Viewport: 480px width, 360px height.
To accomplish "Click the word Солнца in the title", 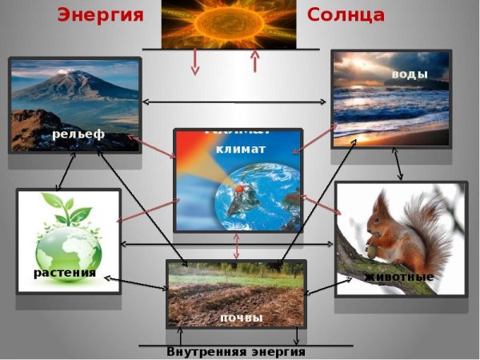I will click(346, 14).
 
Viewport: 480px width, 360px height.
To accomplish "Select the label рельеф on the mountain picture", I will click(78, 134).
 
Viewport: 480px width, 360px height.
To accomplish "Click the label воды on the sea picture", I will click(410, 74).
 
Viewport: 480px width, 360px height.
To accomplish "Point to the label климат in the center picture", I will click(240, 149).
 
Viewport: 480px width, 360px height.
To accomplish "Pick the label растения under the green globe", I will click(65, 273).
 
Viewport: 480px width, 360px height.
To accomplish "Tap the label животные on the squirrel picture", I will click(398, 277).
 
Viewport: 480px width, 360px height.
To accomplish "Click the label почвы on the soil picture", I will click(241, 318).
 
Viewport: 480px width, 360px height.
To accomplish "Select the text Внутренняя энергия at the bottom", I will click(236, 352).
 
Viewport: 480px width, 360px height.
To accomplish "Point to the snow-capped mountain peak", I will click(76, 73).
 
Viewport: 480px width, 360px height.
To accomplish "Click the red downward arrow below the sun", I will click(194, 63).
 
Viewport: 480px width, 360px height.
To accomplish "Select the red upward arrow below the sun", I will click(255, 62).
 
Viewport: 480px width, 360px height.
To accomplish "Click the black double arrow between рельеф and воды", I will click(237, 102).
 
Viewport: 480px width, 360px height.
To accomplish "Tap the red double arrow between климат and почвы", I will click(236, 246).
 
